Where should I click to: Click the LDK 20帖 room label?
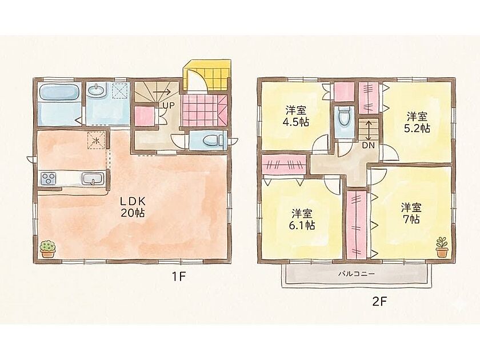pyautogui.click(x=132, y=207)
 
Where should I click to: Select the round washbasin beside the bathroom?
pyautogui.click(x=96, y=90)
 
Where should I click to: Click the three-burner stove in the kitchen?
pyautogui.click(x=49, y=178)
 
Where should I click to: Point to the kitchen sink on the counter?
pyautogui.click(x=93, y=178)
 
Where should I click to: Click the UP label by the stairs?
pyautogui.click(x=169, y=106)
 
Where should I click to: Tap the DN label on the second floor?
pyautogui.click(x=368, y=146)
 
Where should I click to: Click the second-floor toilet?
pyautogui.click(x=343, y=117)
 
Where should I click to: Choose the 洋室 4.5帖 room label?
pyautogui.click(x=296, y=117)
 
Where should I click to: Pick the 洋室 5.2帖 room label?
pyautogui.click(x=417, y=122)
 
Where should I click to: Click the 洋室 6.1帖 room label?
pyautogui.click(x=302, y=219)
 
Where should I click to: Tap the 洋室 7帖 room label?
pyautogui.click(x=411, y=213)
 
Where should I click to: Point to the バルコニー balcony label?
pyautogui.click(x=356, y=274)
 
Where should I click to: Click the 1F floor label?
pyautogui.click(x=178, y=277)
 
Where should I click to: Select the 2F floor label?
pyautogui.click(x=379, y=302)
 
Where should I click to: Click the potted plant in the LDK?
pyautogui.click(x=47, y=249)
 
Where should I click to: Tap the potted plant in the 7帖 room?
pyautogui.click(x=442, y=247)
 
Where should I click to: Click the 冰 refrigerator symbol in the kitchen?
pyautogui.click(x=96, y=140)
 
